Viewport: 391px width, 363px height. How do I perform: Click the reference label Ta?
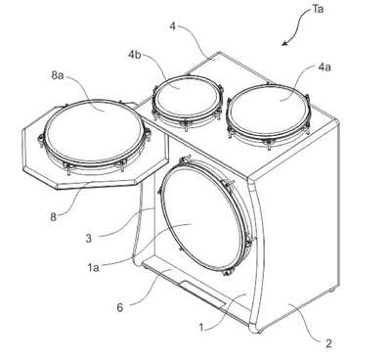click(x=318, y=9)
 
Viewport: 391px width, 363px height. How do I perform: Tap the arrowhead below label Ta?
click(x=285, y=43)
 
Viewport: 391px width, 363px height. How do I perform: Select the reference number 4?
click(x=173, y=25)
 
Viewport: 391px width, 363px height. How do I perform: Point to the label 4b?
click(x=134, y=54)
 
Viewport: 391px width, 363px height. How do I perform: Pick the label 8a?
click(x=57, y=75)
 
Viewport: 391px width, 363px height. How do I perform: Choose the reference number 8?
click(x=54, y=217)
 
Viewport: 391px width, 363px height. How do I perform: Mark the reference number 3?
click(x=89, y=239)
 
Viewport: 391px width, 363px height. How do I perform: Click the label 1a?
click(x=93, y=267)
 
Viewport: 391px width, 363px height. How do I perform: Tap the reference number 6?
click(x=120, y=307)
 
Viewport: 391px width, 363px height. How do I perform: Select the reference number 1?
click(x=201, y=327)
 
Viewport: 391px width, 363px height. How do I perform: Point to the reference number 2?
click(x=328, y=343)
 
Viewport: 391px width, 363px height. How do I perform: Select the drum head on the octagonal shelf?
click(x=93, y=131)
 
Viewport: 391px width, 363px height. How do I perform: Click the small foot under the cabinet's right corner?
click(x=331, y=290)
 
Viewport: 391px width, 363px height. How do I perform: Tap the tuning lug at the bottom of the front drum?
click(x=228, y=271)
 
